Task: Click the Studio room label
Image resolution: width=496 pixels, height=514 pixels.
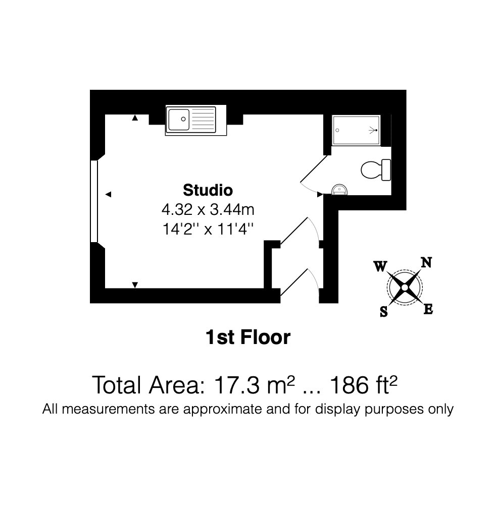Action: (x=208, y=190)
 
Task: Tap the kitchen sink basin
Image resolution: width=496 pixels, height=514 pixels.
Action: (x=179, y=120)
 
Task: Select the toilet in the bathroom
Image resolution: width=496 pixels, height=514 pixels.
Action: (x=376, y=169)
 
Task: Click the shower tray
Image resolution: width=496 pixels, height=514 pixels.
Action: (x=356, y=130)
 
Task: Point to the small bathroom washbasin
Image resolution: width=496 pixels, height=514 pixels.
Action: (x=339, y=190)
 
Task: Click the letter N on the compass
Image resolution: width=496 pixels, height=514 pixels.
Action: (x=426, y=263)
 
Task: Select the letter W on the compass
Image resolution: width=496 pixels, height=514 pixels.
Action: (x=380, y=266)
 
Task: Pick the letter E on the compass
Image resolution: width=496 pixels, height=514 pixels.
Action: (x=428, y=309)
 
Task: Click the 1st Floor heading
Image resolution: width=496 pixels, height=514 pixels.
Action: (x=248, y=337)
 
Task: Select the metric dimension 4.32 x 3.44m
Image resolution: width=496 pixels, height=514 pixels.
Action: (x=208, y=210)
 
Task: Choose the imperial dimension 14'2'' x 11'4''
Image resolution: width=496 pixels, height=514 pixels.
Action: (x=208, y=229)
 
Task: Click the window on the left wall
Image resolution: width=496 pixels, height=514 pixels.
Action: (x=94, y=201)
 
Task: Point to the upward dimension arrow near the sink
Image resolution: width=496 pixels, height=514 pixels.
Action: (x=135, y=118)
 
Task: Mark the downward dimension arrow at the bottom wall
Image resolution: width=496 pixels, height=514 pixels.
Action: (x=135, y=285)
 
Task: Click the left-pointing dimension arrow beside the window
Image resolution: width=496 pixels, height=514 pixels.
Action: (x=108, y=194)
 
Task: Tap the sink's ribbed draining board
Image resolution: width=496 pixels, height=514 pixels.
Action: (x=203, y=120)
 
